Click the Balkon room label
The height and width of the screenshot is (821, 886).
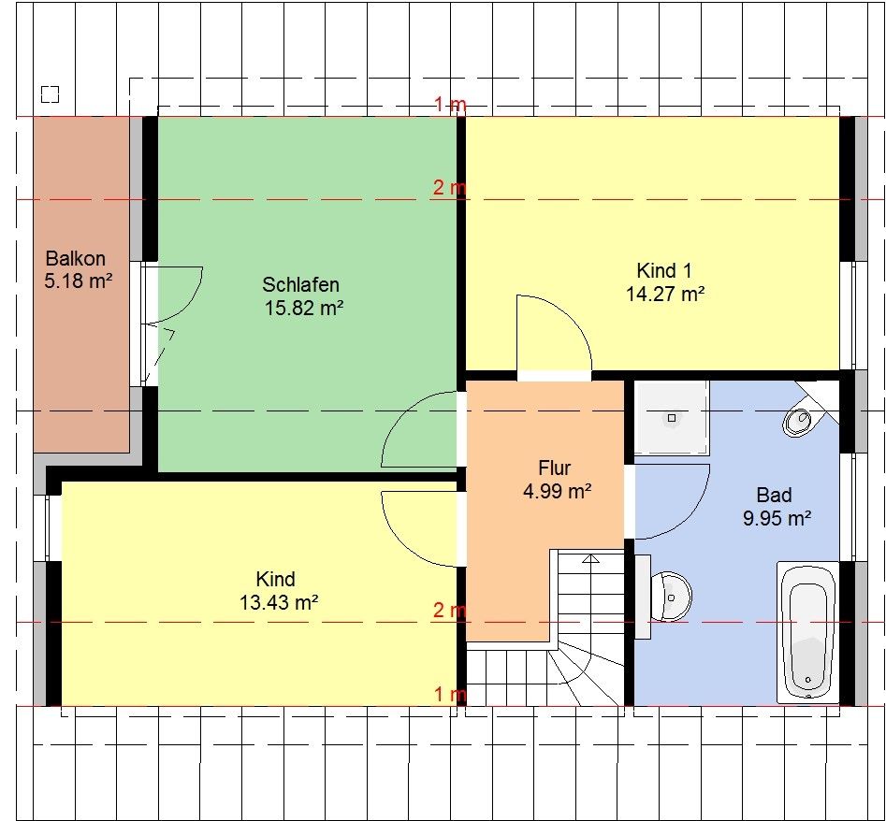pos(75,259)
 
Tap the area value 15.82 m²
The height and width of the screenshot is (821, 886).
pos(304,309)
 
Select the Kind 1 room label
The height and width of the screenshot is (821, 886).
pos(664,271)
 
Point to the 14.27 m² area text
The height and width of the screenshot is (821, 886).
pos(665,295)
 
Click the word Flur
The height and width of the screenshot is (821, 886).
pos(554,468)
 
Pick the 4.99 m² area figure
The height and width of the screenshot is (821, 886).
pos(557,491)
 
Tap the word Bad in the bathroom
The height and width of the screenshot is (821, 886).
pos(774,496)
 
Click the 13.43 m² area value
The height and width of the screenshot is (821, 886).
pos(279,602)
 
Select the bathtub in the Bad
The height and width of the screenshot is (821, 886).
pos(807,632)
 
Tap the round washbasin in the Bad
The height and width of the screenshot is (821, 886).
pos(671,597)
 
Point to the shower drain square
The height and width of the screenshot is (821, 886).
pos(671,418)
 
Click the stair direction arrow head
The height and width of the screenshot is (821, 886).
pos(591,559)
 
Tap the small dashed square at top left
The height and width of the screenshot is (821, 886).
pos(51,94)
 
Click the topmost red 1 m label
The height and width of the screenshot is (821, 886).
pos(450,105)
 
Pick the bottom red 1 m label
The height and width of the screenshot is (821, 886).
pos(450,694)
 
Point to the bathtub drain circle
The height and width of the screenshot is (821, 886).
pos(808,679)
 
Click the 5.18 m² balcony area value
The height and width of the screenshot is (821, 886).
pos(78,281)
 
